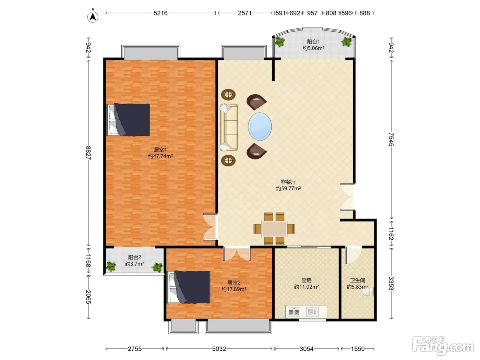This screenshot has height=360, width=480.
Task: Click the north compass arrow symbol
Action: pyautogui.click(x=93, y=16)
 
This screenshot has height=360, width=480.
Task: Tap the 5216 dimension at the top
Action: pyautogui.click(x=160, y=13)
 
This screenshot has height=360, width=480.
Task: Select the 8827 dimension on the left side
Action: pyautogui.click(x=88, y=153)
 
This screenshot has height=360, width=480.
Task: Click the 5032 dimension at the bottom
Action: pyautogui.click(x=219, y=349)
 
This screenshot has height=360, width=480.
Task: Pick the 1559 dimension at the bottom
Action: pyautogui.click(x=358, y=349)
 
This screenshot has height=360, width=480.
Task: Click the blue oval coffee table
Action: pyautogui.click(x=260, y=126)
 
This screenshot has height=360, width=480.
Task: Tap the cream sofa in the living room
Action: pyautogui.click(x=229, y=127)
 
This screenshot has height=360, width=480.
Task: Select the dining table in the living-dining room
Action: pyautogui.click(x=274, y=229)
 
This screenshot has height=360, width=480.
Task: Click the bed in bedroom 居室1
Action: pyautogui.click(x=128, y=120)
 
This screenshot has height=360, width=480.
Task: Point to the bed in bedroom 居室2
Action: pyautogui.click(x=189, y=287)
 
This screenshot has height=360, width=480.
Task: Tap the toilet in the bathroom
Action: pyautogui.click(x=368, y=291)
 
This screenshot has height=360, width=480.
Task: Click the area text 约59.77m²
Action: pyautogui.click(x=288, y=188)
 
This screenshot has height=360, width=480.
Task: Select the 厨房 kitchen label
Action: pyautogui.click(x=306, y=280)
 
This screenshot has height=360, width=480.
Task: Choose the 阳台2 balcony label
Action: pyautogui.click(x=134, y=257)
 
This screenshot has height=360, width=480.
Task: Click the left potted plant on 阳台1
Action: pyautogui.click(x=279, y=41)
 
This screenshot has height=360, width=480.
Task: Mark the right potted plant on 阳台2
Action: pyautogui.click(x=157, y=267)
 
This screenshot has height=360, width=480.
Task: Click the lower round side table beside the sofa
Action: pyautogui.click(x=228, y=160)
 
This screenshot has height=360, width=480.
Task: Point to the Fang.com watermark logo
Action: pyautogui.click(x=443, y=346)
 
